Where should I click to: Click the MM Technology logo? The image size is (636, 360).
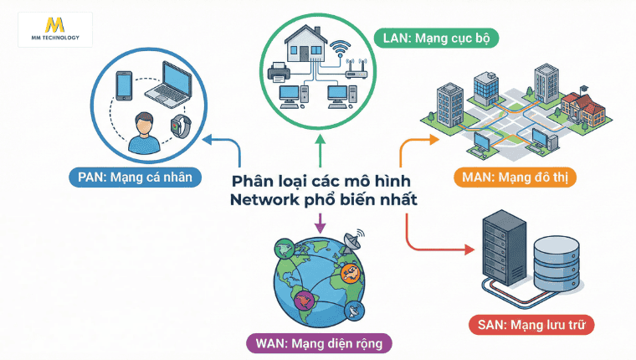pos(54,29)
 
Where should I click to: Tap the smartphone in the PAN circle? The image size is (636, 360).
pos(124,86)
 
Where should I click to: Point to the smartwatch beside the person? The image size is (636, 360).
pos(177,127)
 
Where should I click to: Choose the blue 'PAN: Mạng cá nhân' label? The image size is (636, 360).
pos(138,176)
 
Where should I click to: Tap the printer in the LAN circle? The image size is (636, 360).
pos(278,74)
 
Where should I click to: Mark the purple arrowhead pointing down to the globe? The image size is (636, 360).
pos(318,227)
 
